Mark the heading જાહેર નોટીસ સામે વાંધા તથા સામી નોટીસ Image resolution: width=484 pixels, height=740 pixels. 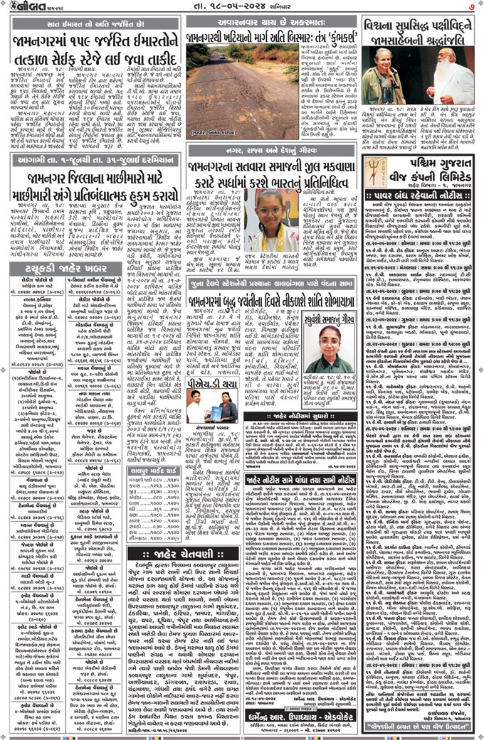pyautogui.click(x=302, y=481)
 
